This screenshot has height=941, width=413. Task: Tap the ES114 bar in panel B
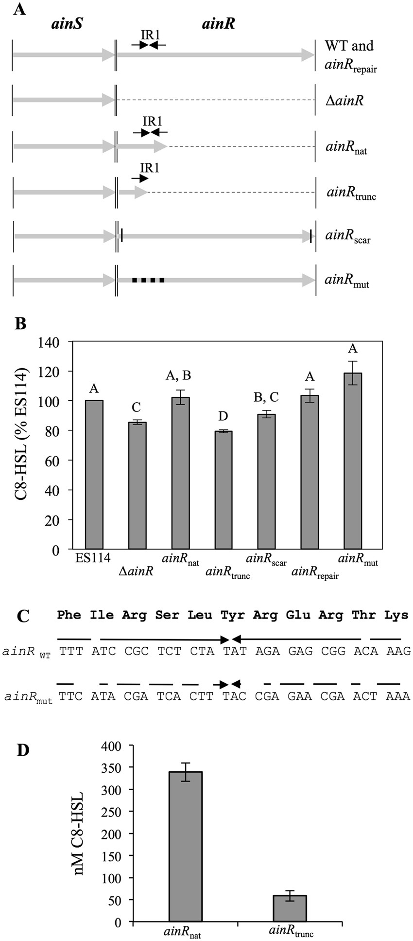point(94,475)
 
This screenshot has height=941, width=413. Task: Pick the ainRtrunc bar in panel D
point(289,908)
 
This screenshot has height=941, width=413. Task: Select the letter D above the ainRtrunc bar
point(223,416)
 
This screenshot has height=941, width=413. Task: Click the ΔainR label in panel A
point(344,101)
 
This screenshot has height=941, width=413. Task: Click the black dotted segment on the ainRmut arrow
point(148,280)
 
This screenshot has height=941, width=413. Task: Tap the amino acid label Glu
point(298,615)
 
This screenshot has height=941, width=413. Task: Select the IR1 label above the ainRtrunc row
point(149,167)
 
